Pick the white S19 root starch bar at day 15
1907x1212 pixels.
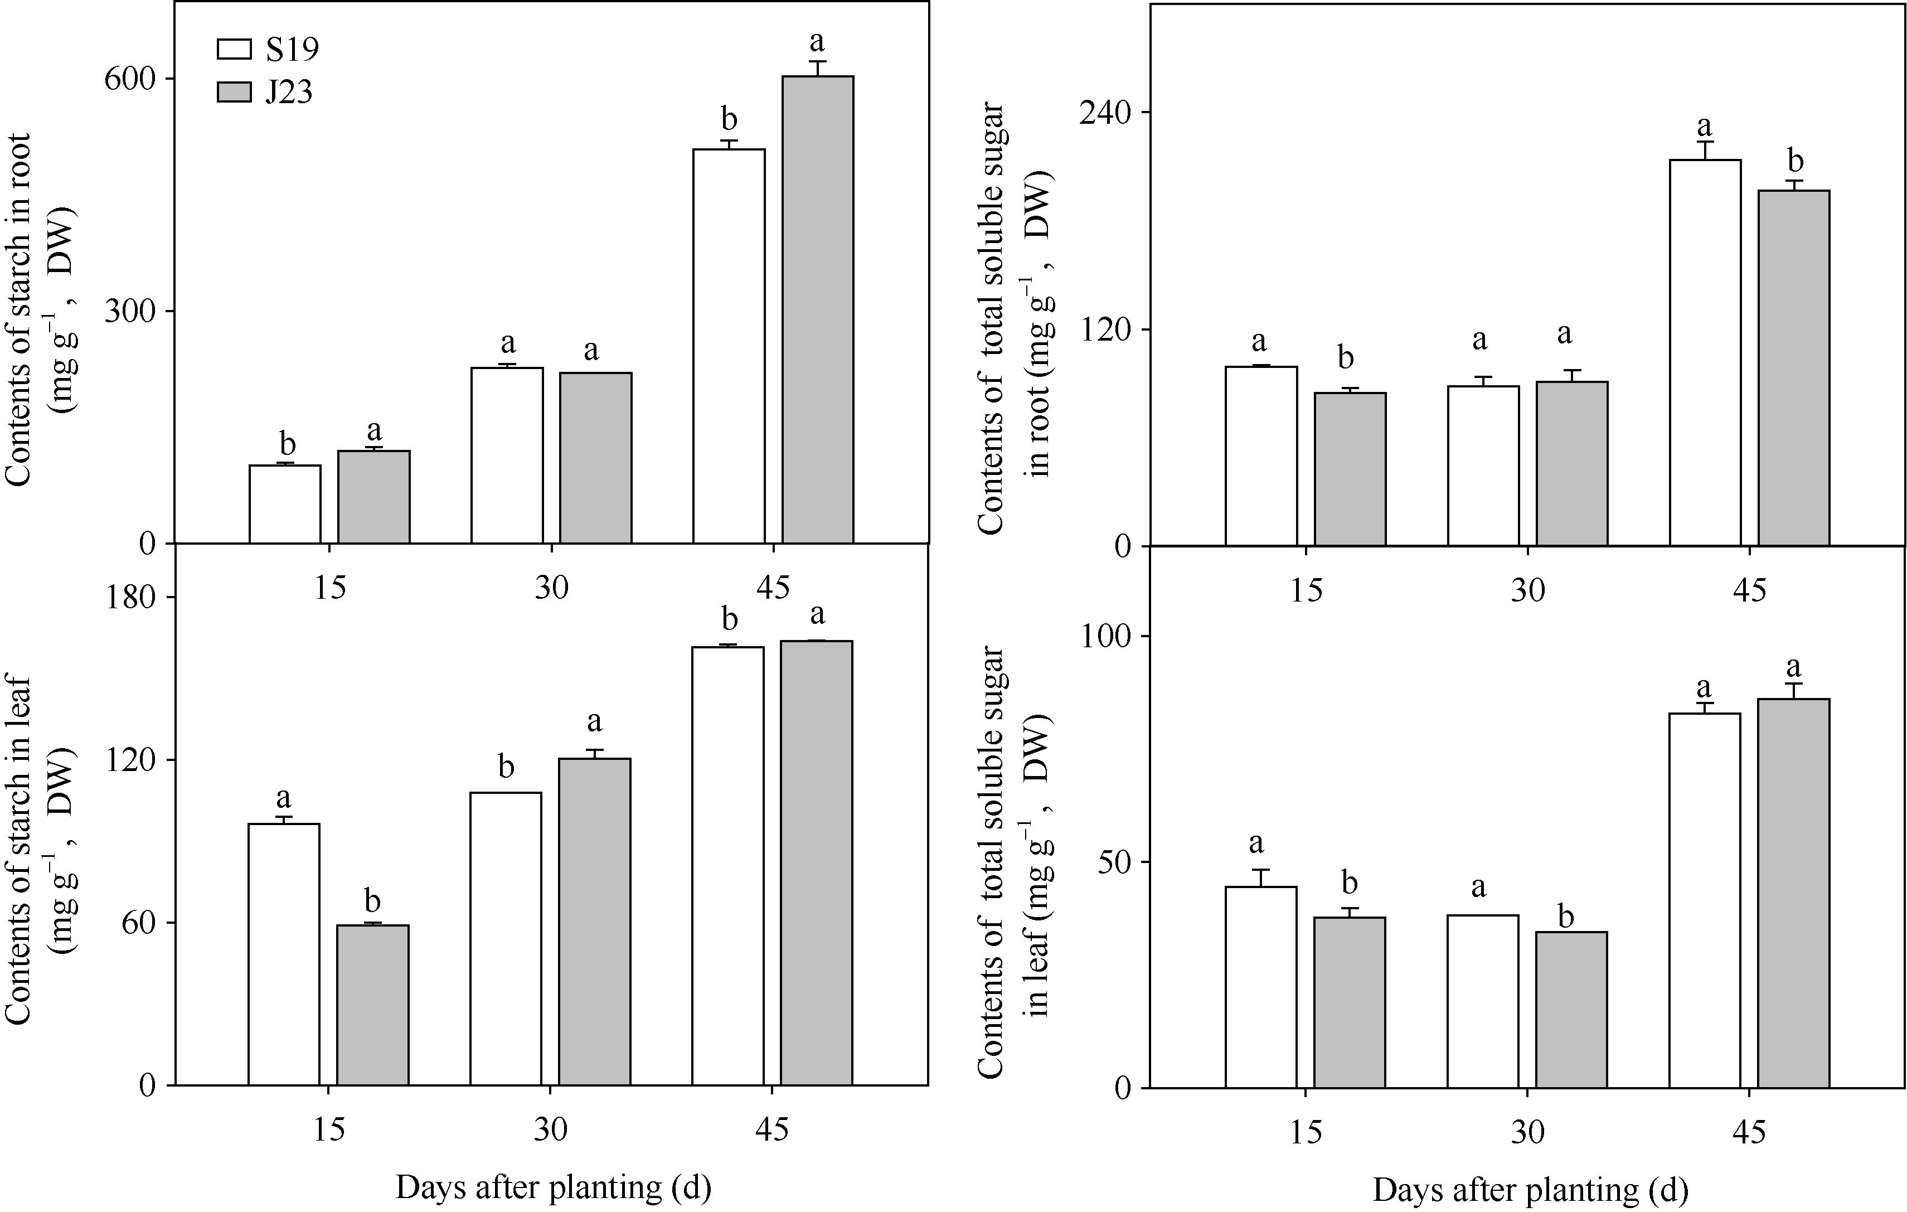coord(285,504)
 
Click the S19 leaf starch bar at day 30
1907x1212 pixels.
coord(506,939)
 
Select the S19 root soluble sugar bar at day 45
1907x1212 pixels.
coord(1705,352)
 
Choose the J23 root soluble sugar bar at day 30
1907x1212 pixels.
coord(1572,463)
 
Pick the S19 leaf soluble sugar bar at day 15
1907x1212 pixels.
coord(1261,987)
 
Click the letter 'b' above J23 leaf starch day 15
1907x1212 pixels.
coord(372,901)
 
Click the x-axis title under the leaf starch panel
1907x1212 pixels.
coord(553,1187)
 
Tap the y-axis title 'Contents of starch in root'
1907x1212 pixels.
coord(17,309)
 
